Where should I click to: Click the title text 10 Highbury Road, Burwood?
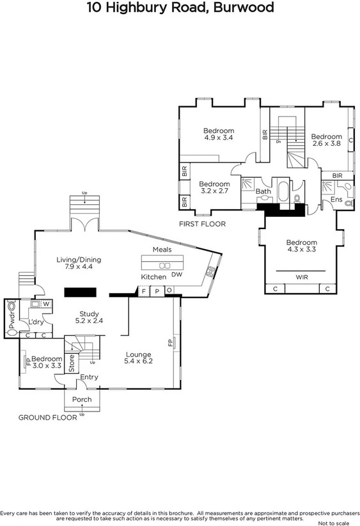coord(180,8)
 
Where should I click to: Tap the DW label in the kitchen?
coord(177,275)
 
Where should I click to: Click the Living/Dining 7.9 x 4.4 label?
coord(79,263)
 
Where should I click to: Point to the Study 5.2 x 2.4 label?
coord(89,317)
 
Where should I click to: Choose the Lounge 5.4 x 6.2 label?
coord(138,358)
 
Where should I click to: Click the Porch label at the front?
coord(82,400)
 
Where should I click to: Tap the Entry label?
coord(89,378)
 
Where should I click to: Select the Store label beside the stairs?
coord(72,364)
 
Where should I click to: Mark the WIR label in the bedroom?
coord(301,277)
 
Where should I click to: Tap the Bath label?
coord(263,191)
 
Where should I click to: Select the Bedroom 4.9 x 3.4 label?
coord(219,134)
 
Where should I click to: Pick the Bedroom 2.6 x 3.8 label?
coord(327,140)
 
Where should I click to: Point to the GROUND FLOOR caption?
coord(43,417)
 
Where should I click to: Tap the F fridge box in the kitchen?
coord(144,291)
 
